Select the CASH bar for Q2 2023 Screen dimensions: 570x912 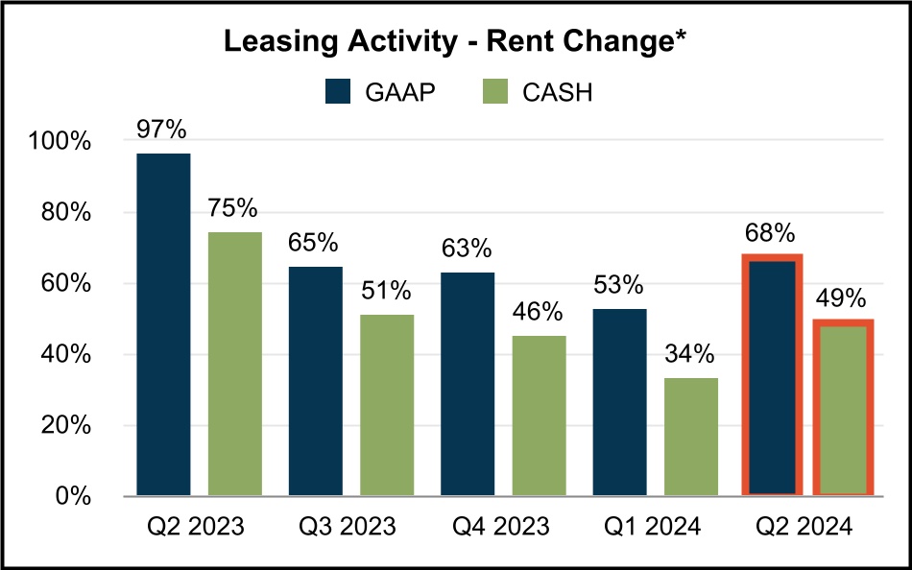pyautogui.click(x=235, y=364)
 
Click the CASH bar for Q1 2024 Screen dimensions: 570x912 pyautogui.click(x=690, y=437)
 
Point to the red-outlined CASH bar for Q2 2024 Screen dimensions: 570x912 pyautogui.click(x=844, y=409)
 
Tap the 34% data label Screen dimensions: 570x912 pyautogui.click(x=690, y=354)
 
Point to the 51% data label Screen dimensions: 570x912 pyautogui.click(x=387, y=291)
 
